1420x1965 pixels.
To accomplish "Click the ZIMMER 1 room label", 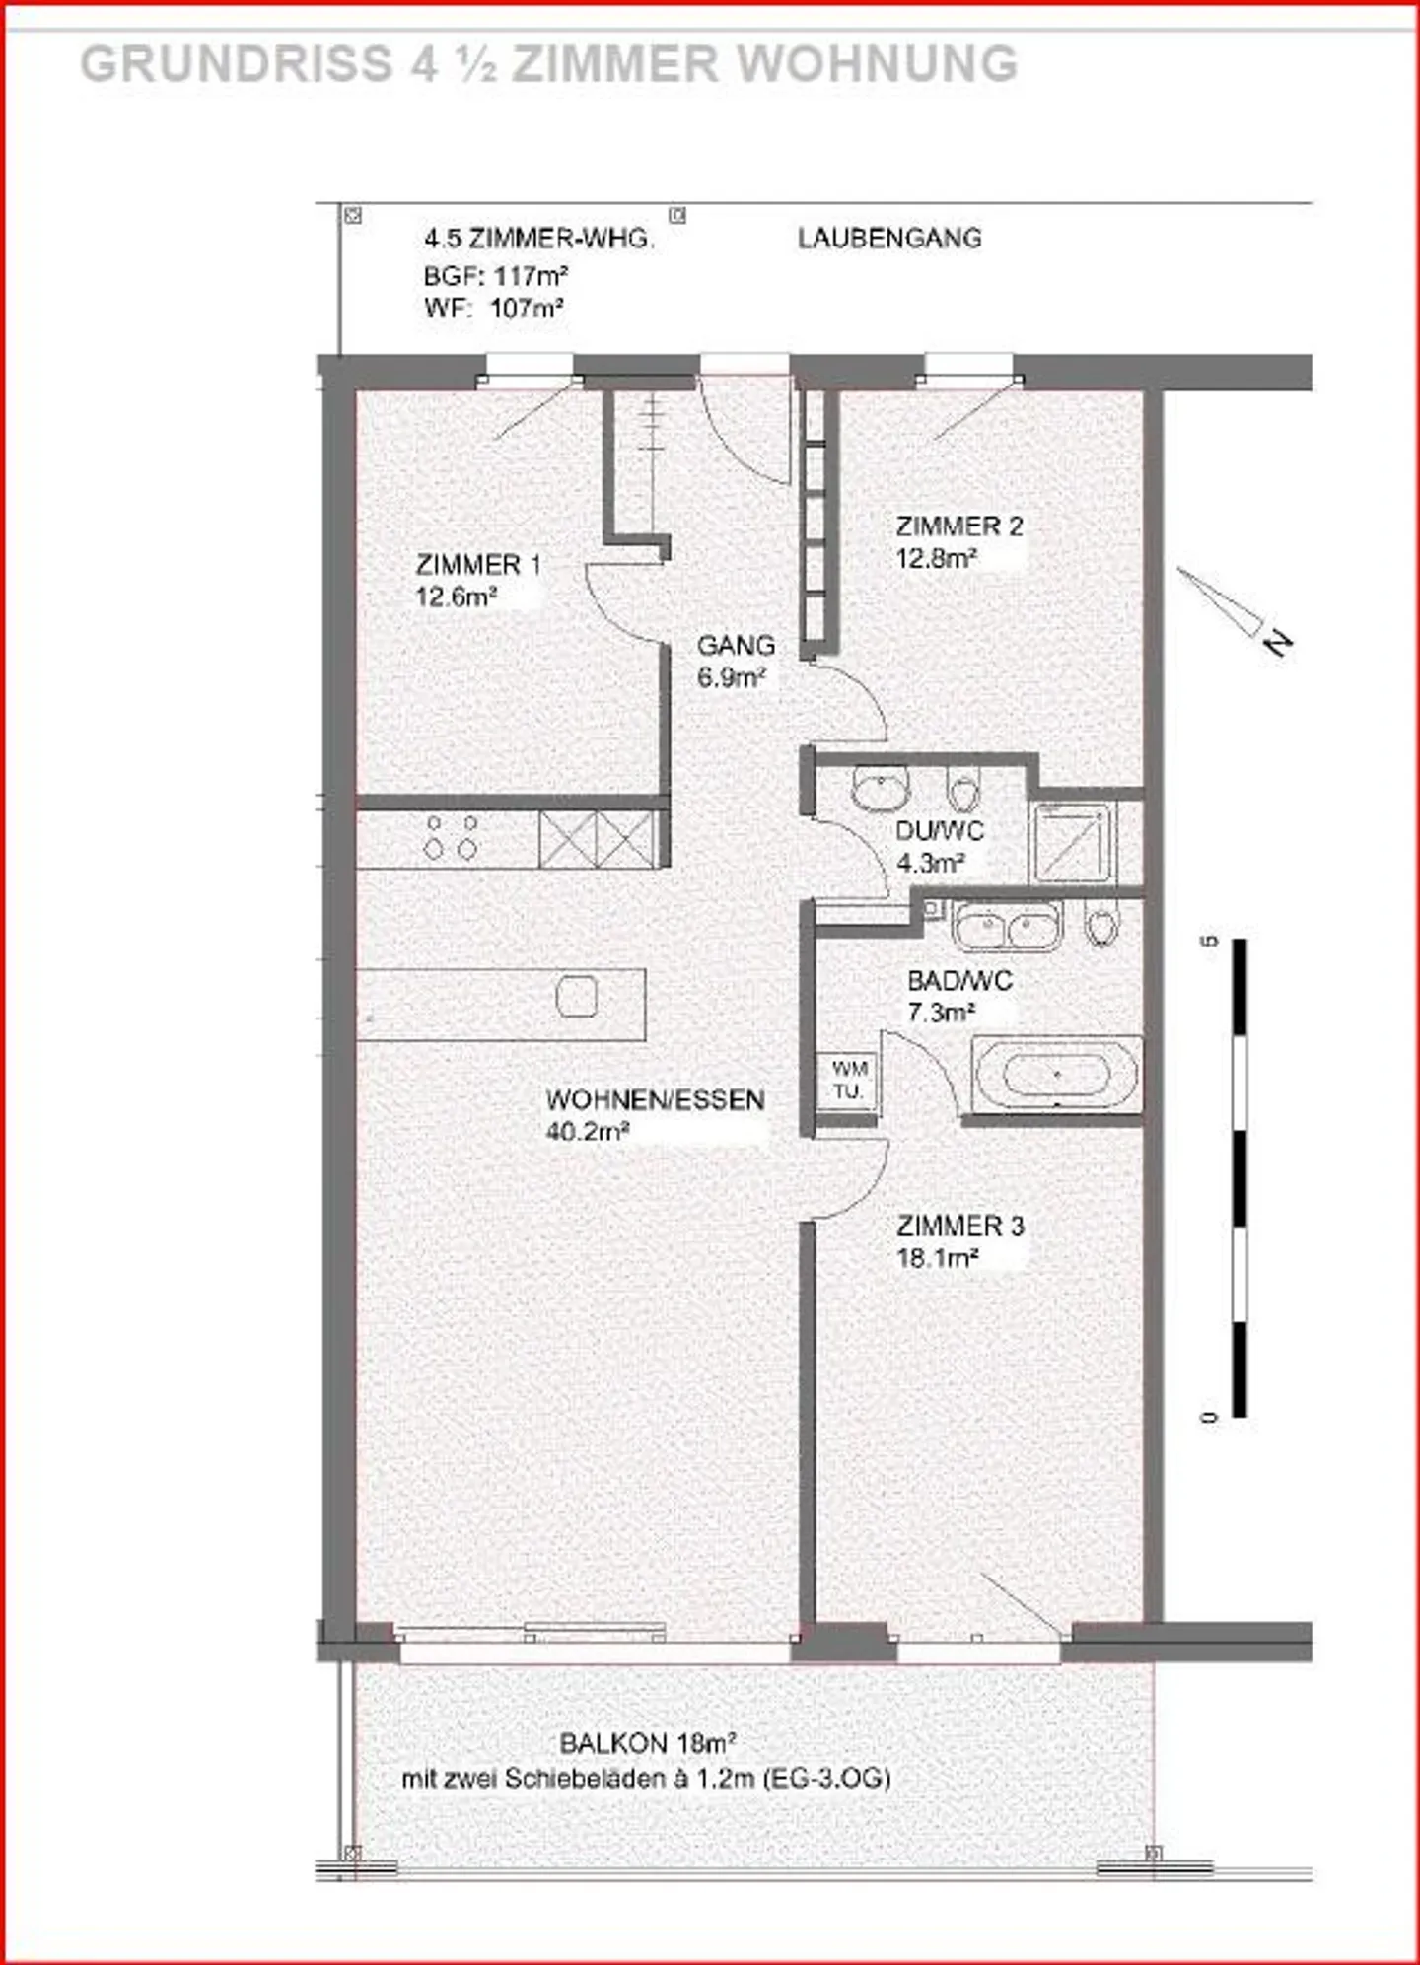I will [x=478, y=565].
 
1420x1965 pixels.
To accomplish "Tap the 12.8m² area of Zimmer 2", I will [x=936, y=559].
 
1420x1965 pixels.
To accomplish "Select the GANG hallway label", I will [x=736, y=646].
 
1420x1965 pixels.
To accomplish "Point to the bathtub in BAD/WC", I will [x=1056, y=1075].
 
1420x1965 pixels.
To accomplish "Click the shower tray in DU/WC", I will [x=1072, y=842].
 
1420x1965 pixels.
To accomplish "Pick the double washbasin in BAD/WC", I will [x=1006, y=926].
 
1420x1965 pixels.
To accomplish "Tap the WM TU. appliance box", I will [x=848, y=1081].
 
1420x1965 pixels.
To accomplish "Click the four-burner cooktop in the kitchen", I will [x=451, y=837].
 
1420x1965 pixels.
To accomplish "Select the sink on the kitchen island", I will [x=577, y=997].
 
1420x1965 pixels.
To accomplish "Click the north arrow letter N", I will [x=1278, y=643].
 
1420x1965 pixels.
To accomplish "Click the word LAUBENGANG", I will [x=889, y=239].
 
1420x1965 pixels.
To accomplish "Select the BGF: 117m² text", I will [x=495, y=275].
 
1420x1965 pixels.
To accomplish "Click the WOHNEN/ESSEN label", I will [x=655, y=1100].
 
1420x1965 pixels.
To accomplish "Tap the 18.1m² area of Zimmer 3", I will [x=937, y=1259].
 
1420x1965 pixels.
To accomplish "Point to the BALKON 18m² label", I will [x=648, y=1744].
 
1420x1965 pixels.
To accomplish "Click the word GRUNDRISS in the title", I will [x=236, y=65].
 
